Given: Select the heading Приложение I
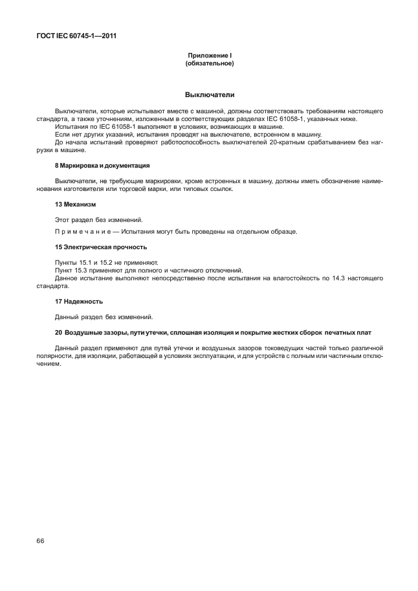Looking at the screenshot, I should (208, 57).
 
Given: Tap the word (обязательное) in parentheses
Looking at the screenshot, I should (209, 64).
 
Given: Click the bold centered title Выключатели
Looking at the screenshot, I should (209, 95).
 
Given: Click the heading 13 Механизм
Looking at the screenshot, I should (76, 204).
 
